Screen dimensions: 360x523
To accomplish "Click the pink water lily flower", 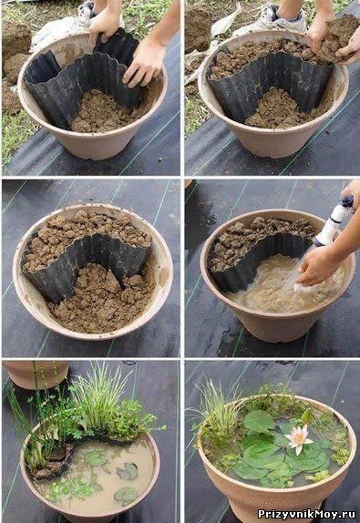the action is coord(298,438).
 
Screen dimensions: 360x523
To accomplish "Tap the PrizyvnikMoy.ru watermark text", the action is coord(306,514).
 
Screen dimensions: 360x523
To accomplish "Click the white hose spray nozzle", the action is coord(334,220).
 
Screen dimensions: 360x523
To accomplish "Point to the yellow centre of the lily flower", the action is coord(299,436).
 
